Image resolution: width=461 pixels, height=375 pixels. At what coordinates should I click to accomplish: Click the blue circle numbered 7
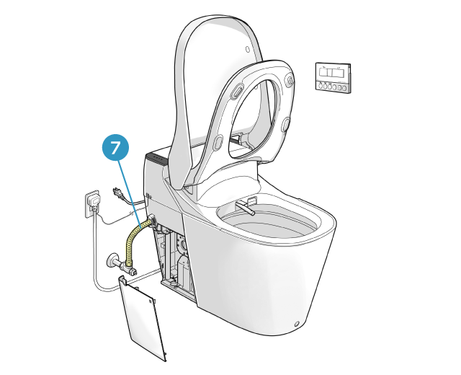[115, 147]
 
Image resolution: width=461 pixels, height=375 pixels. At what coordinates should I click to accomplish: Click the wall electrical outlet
[93, 204]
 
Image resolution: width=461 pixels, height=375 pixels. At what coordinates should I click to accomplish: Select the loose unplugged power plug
[117, 193]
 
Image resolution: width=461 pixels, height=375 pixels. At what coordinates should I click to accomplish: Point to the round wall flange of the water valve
[112, 260]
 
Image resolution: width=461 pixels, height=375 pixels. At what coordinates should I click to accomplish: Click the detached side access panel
[142, 318]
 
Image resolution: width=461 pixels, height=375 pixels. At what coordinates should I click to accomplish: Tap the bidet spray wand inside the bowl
[246, 207]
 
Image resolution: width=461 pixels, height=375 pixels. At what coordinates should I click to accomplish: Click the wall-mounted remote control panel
[333, 77]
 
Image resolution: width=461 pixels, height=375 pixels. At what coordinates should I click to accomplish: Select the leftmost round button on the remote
[320, 86]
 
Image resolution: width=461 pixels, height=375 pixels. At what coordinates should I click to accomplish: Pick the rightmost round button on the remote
[344, 88]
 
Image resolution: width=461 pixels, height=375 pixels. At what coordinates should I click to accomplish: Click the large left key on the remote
[323, 73]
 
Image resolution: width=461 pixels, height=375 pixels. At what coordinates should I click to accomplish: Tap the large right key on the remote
[339, 74]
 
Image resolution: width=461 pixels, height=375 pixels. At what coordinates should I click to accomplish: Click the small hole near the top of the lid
[248, 49]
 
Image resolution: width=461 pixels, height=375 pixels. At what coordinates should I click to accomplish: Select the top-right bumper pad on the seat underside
[290, 80]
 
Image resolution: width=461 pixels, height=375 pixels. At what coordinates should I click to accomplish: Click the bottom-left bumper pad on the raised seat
[218, 141]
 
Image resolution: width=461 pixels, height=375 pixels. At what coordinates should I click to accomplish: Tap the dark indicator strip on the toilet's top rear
[157, 159]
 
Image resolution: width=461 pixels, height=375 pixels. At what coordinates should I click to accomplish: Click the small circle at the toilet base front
[297, 324]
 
